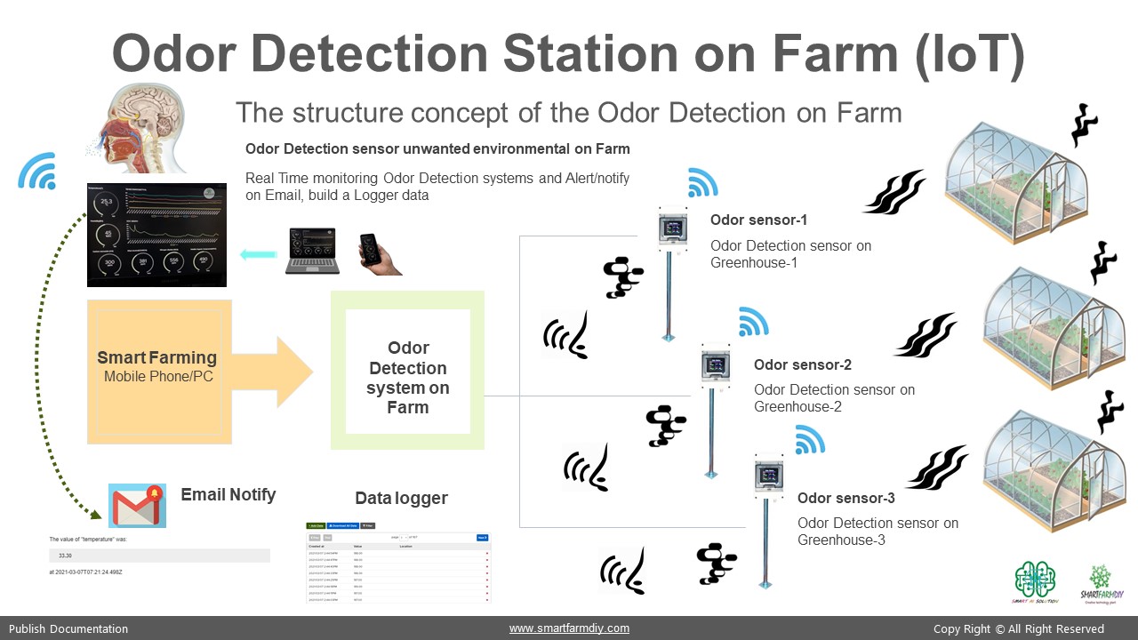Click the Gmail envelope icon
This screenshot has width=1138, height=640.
pyautogui.click(x=137, y=506)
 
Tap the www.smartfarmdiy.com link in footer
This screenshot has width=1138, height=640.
pyautogui.click(x=569, y=628)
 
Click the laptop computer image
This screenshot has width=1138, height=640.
pyautogui.click(x=311, y=251)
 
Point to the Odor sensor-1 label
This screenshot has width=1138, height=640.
pyautogui.click(x=758, y=220)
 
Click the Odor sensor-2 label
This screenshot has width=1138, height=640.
pyautogui.click(x=802, y=364)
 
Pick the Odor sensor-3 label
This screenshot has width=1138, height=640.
pyautogui.click(x=845, y=498)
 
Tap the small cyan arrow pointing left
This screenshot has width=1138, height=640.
pyautogui.click(x=258, y=255)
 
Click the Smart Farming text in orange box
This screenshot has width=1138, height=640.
pyautogui.click(x=157, y=358)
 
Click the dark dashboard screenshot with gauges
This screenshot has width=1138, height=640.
pyautogui.click(x=156, y=235)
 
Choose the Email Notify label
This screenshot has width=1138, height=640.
pyautogui.click(x=228, y=494)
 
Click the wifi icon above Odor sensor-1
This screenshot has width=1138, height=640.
pyautogui.click(x=702, y=182)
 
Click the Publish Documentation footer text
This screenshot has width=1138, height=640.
pyautogui.click(x=68, y=628)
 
